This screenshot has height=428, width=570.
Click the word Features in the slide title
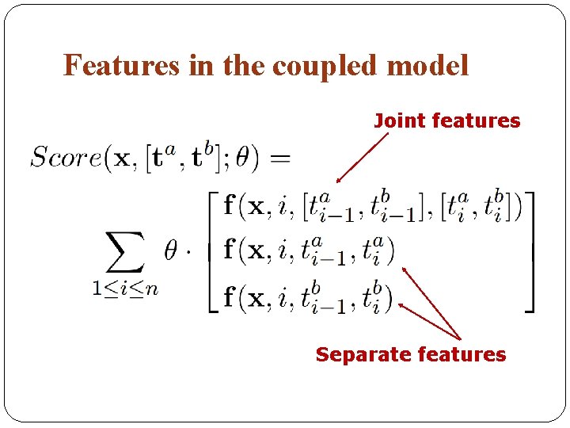pyautogui.click(x=121, y=65)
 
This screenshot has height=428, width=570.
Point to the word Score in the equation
pyautogui.click(x=65, y=157)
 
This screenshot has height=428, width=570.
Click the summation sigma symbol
pyautogui.click(x=125, y=252)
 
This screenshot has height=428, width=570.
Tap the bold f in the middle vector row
pyautogui.click(x=230, y=251)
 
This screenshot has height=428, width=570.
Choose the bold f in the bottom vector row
pyautogui.click(x=230, y=298)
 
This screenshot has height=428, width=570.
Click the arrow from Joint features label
pyautogui.click(x=362, y=159)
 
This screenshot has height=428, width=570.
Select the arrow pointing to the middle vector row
pyautogui.click(x=431, y=302)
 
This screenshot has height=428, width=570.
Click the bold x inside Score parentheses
pyautogui.click(x=123, y=159)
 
